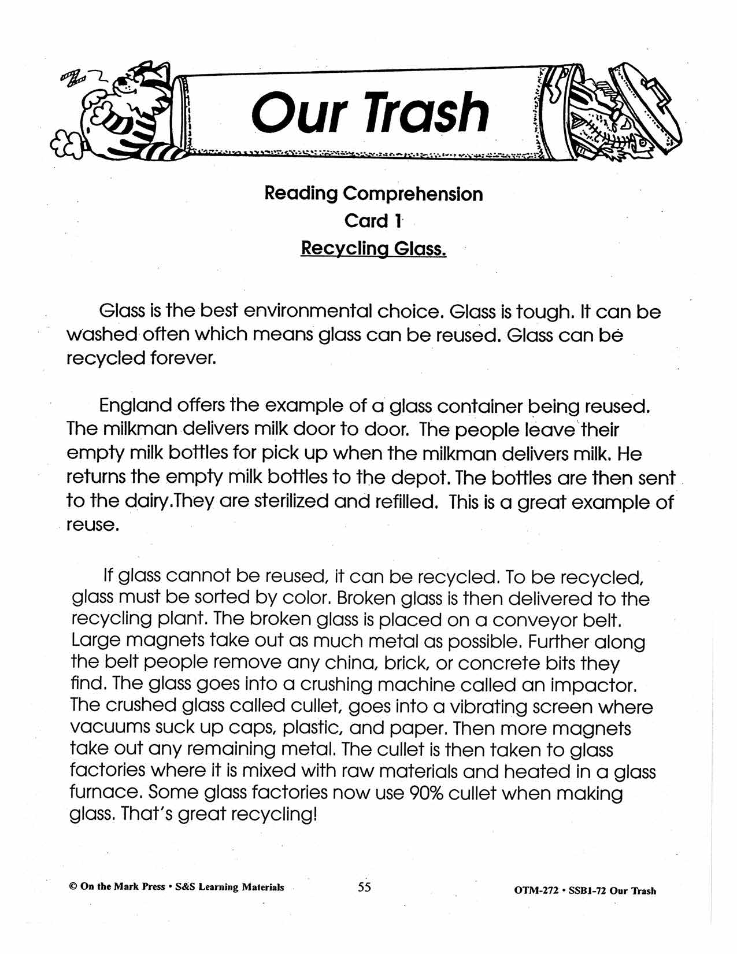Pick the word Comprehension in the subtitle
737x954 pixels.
[413, 194]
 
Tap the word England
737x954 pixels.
[136, 405]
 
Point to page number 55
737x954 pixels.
[364, 887]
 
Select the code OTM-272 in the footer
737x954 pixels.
[535, 891]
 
